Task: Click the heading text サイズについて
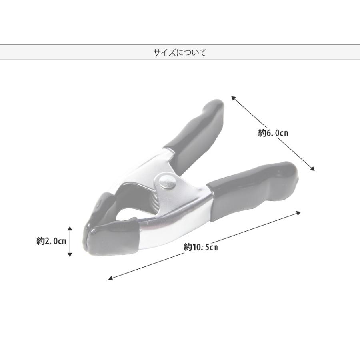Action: click(x=180, y=52)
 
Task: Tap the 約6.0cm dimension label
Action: click(x=273, y=133)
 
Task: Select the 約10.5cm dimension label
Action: click(x=200, y=247)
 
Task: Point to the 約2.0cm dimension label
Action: click(x=51, y=241)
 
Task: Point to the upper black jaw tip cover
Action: click(x=102, y=207)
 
